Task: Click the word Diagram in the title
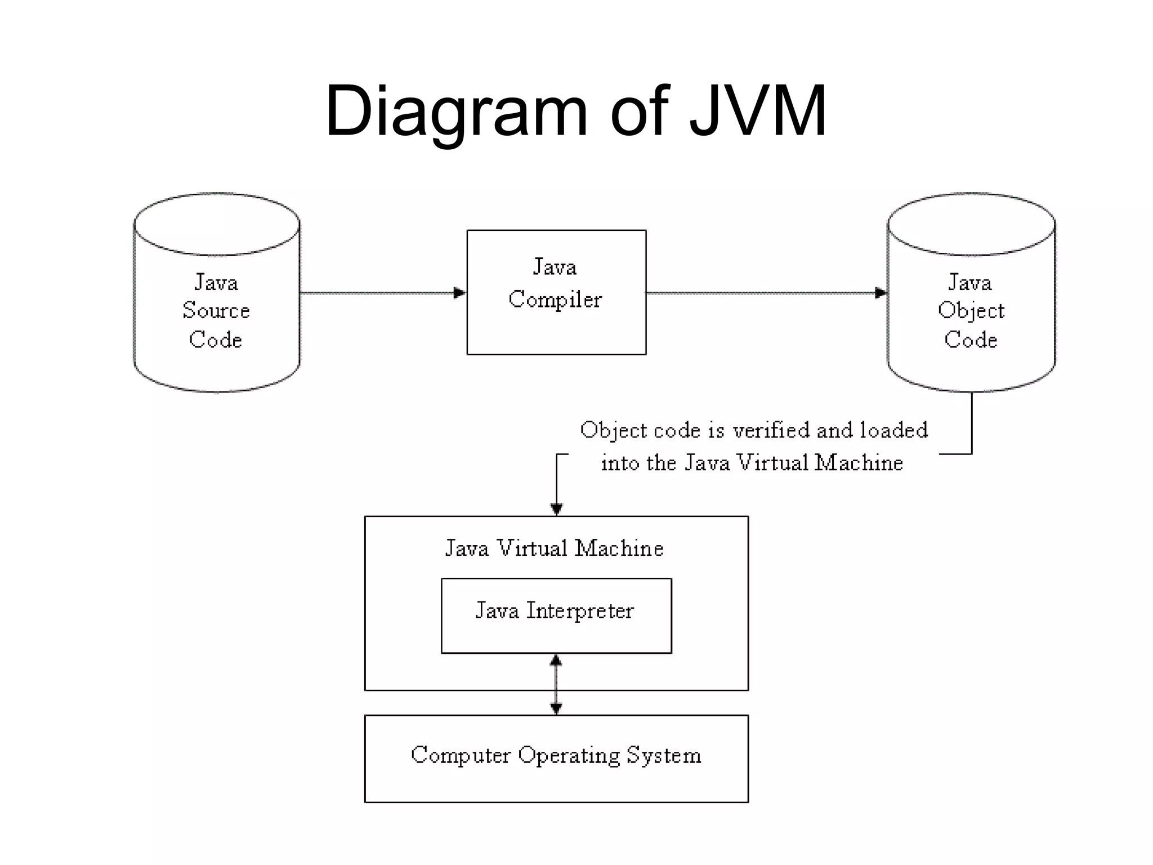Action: [456, 112]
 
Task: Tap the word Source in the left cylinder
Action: [216, 311]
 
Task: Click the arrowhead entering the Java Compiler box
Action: [459, 293]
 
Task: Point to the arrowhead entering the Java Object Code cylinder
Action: [881, 293]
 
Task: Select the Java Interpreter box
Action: [556, 636]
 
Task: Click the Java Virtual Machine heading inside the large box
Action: [555, 549]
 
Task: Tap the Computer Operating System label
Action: [556, 756]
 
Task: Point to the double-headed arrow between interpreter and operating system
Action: [556, 685]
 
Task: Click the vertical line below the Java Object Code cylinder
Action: [972, 422]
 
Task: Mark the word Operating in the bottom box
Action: [569, 756]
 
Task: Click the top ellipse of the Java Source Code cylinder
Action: [217, 224]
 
